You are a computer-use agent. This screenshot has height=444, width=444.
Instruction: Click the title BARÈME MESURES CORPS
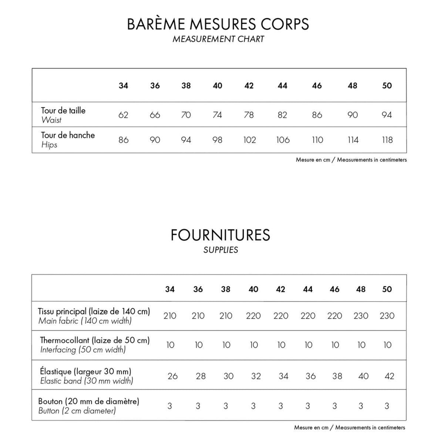tap(218, 24)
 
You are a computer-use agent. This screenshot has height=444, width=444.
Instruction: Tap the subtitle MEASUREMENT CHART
tap(218, 39)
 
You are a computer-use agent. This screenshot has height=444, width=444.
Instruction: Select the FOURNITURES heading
tap(221, 235)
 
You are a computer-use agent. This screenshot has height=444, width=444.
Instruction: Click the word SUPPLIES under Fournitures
tap(221, 250)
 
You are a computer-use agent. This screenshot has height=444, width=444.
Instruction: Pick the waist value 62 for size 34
tap(123, 115)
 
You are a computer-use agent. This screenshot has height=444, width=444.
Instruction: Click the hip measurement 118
tap(387, 140)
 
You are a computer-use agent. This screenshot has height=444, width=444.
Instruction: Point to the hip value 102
tap(249, 140)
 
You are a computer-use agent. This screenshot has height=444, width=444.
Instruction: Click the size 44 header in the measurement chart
tap(282, 86)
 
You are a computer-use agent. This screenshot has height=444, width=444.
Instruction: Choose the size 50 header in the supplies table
tap(387, 289)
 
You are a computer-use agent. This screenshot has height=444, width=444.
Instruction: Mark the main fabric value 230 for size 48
tap(361, 316)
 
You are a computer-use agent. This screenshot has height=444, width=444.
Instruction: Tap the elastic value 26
tap(172, 376)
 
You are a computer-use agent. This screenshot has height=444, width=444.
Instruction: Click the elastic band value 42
tap(389, 376)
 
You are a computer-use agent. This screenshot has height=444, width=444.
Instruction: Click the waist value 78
tap(249, 115)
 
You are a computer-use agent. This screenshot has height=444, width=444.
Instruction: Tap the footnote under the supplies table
tap(350, 428)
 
